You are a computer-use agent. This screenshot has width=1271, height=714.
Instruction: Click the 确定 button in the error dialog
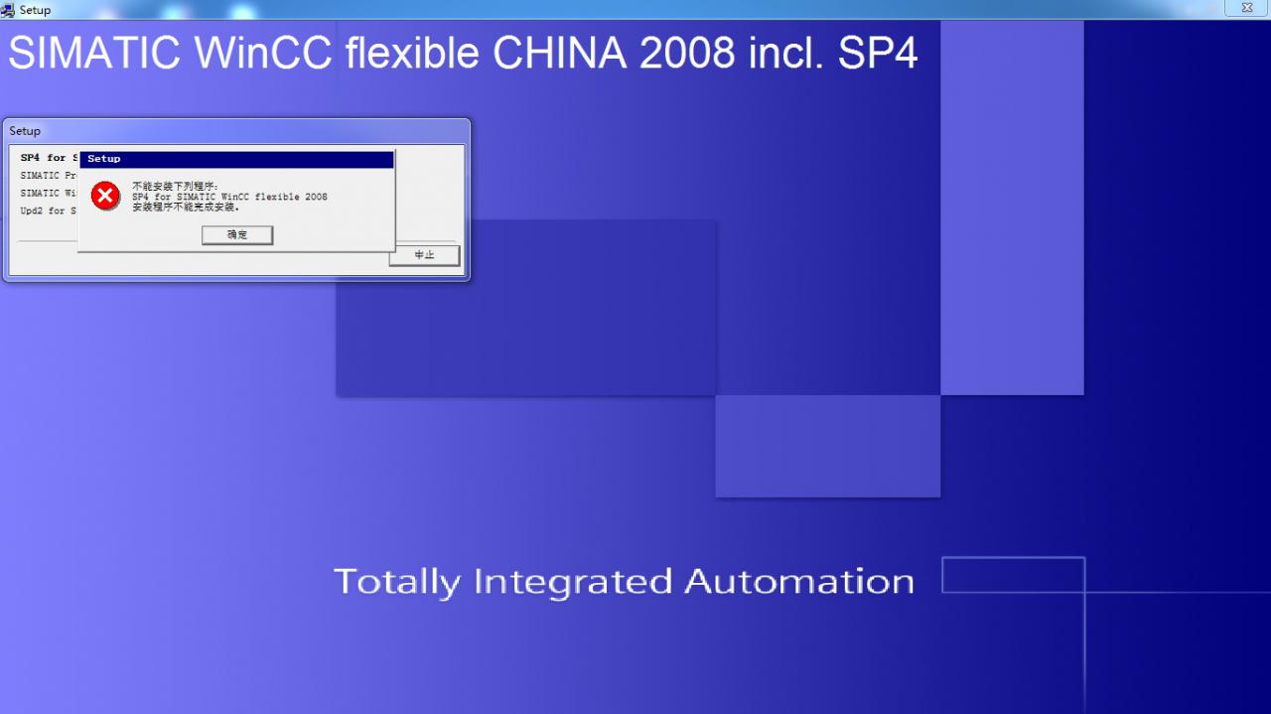[237, 235]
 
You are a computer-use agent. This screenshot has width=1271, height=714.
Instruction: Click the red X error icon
[105, 196]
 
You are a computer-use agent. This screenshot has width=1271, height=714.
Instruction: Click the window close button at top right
[1246, 8]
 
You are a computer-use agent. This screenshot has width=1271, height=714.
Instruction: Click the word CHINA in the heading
[559, 54]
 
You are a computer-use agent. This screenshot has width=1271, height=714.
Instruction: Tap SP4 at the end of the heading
[878, 54]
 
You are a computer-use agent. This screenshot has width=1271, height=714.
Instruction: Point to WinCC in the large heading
[263, 54]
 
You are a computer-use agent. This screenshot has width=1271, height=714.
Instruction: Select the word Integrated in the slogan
[573, 581]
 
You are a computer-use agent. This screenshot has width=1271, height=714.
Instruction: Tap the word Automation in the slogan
[799, 581]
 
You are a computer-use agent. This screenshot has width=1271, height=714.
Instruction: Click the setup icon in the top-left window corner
[8, 9]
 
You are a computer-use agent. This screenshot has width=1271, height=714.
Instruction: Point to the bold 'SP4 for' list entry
[44, 158]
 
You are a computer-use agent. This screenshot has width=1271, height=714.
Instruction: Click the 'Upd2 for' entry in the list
[44, 211]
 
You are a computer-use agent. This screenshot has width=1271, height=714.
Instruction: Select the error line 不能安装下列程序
[175, 186]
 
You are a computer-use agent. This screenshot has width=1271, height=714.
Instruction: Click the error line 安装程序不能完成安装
[186, 208]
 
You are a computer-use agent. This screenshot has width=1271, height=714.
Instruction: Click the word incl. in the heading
[780, 54]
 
